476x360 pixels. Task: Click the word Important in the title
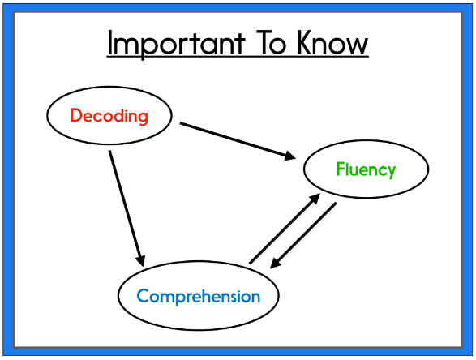(x=176, y=44)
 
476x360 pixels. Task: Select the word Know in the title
(x=332, y=43)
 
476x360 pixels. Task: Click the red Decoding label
(x=109, y=116)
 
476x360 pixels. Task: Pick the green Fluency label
(x=366, y=169)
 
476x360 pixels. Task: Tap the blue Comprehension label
(x=198, y=297)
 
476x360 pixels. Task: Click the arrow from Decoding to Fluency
(x=238, y=140)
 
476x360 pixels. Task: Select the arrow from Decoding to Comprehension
(x=127, y=208)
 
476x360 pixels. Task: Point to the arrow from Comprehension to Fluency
(x=285, y=229)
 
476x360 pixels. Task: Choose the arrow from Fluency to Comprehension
(x=303, y=236)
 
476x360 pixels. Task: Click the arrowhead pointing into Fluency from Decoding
(x=290, y=155)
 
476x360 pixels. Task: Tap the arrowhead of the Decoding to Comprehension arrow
(x=140, y=261)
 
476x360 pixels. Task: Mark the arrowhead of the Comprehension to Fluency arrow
(x=315, y=199)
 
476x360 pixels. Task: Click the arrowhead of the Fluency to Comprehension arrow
(x=276, y=264)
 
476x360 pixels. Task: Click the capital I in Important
(x=109, y=43)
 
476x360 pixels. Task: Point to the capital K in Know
(x=304, y=43)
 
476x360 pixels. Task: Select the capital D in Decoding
(x=76, y=115)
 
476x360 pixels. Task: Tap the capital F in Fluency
(x=341, y=169)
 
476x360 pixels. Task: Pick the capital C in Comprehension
(x=143, y=296)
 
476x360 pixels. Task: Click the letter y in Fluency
(x=391, y=172)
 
